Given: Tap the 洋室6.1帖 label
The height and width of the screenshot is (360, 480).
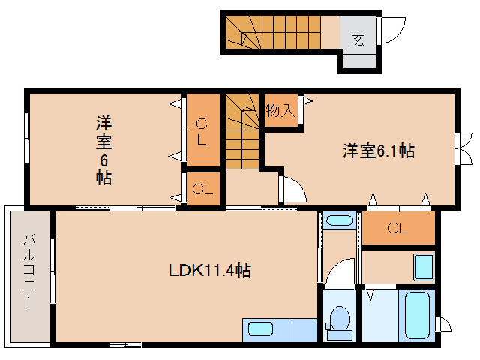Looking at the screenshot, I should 379,151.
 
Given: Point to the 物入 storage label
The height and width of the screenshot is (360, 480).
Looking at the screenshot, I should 280,111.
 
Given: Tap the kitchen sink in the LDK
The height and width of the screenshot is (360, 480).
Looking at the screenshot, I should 261,328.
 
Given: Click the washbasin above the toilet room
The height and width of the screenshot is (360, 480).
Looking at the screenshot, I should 340,221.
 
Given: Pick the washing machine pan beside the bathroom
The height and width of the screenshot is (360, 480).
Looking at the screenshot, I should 423,266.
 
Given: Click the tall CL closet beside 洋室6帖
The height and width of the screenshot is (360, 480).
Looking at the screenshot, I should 202,130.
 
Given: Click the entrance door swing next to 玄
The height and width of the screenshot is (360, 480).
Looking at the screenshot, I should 391,30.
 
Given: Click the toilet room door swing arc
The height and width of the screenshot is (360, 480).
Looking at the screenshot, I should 342,271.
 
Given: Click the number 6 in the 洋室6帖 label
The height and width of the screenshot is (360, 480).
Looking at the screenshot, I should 104,160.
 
